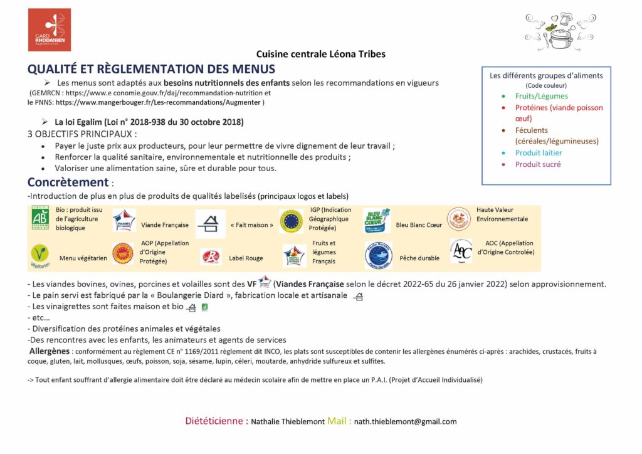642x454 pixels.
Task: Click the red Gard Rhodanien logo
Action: [x=49, y=29]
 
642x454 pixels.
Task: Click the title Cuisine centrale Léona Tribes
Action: [x=320, y=54]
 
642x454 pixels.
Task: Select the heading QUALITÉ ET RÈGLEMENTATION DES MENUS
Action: [x=151, y=69]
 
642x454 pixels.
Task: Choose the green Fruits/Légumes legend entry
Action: [x=541, y=97]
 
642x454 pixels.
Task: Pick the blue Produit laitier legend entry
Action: [x=538, y=153]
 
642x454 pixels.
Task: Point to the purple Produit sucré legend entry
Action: [x=537, y=164]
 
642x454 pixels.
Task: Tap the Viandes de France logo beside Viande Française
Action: [x=124, y=221]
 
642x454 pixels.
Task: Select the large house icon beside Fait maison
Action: [x=210, y=223]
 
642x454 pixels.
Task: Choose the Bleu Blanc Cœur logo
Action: [x=377, y=220]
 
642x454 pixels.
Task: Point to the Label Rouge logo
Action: [x=211, y=256]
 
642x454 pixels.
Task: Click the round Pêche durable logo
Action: [x=378, y=255]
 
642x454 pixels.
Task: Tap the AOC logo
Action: [x=461, y=250]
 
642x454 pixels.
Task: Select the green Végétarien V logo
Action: [x=39, y=255]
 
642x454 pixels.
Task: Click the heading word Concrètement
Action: [x=68, y=182]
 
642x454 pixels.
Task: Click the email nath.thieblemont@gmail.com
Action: [x=405, y=421]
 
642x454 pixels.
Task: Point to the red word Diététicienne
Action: [x=216, y=421]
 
